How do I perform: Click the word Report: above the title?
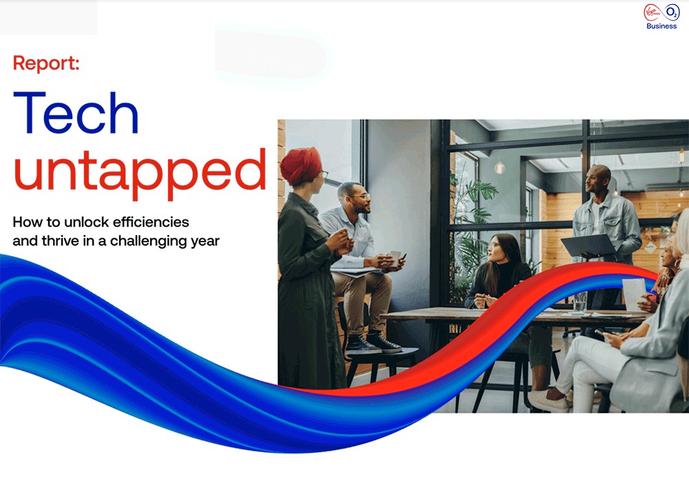(x=46, y=64)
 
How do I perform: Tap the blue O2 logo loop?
(x=672, y=12)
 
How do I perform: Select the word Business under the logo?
(x=661, y=26)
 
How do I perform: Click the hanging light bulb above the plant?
(x=500, y=167)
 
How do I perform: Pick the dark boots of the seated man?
(x=369, y=342)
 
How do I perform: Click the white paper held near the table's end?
(x=633, y=293)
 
